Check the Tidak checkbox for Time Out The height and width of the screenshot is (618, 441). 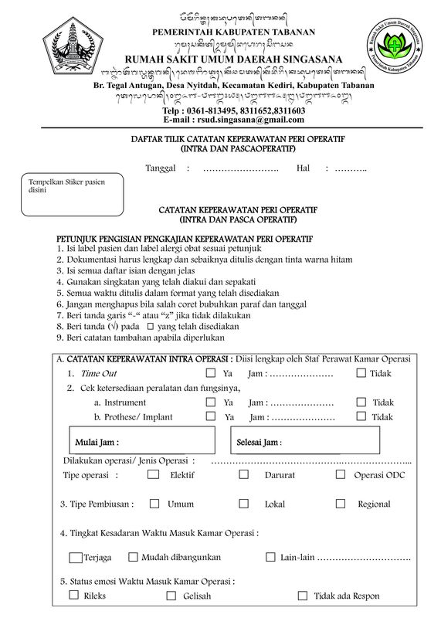pos(361,373)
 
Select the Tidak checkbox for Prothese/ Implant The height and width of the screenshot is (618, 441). pos(361,416)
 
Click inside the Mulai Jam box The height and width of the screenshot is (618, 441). pos(147,442)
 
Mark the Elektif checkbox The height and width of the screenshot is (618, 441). pos(153,474)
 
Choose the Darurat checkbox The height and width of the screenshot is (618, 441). pos(244,474)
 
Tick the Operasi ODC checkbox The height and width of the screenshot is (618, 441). pos(340,474)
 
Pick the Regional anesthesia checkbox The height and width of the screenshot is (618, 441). pos(340,504)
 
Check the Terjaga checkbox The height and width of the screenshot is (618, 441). pos(75,557)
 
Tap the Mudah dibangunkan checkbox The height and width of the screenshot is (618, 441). pos(133,556)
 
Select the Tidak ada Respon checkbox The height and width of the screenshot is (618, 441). pos(302,596)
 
